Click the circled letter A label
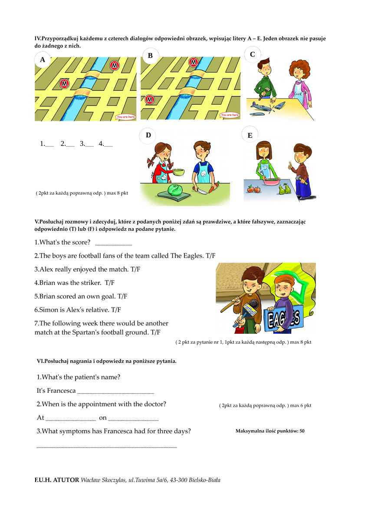pos(43,60)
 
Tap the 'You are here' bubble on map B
pos(230,115)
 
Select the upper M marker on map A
pos(115,66)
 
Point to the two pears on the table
pos(284,189)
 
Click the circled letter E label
pos(250,136)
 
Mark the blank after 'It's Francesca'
pos(115,391)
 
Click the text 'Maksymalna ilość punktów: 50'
pos(270,431)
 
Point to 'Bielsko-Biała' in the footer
pos(205,480)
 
